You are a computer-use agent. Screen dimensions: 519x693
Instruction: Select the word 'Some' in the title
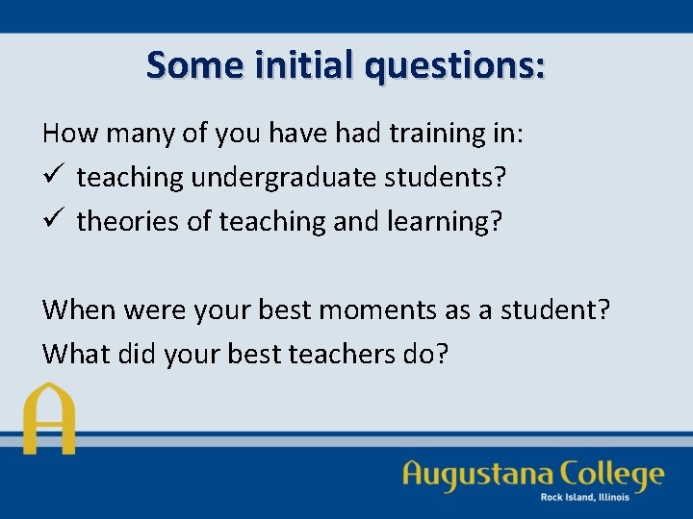(x=190, y=64)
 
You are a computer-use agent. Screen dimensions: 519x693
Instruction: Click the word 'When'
(x=79, y=309)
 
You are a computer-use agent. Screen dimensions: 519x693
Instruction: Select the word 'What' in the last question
(x=76, y=354)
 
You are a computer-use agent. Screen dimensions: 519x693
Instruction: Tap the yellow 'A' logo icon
(x=48, y=419)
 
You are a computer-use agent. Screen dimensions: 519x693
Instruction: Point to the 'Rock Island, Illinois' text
(x=584, y=497)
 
